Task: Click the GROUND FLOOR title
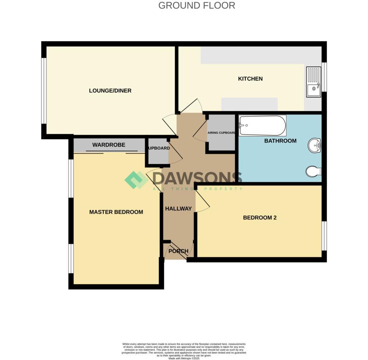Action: (x=197, y=6)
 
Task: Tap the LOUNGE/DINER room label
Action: (x=110, y=91)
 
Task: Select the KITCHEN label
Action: (x=250, y=79)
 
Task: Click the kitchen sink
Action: (x=313, y=82)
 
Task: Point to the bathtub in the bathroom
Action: (x=262, y=126)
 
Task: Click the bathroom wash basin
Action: (x=315, y=146)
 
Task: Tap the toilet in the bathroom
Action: (x=313, y=172)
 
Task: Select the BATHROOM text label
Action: (x=280, y=141)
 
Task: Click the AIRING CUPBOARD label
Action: (x=221, y=133)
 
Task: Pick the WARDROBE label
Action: (x=109, y=145)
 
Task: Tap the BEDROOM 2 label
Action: (x=259, y=218)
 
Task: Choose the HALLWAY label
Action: (x=178, y=209)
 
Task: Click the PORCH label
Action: (x=178, y=251)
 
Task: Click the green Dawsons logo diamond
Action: (x=136, y=180)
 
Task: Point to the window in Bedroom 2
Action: (x=324, y=235)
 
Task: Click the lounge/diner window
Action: (x=44, y=90)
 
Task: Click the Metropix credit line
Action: (x=184, y=358)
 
